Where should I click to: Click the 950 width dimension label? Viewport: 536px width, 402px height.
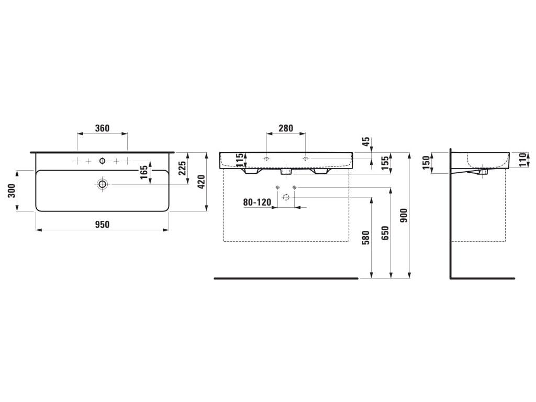click(102, 224)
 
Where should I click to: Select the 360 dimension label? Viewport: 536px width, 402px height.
click(102, 128)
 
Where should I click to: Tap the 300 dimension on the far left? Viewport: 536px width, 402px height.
click(12, 191)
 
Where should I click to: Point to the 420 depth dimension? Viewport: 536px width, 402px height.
click(201, 182)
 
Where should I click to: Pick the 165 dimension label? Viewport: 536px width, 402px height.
click(144, 172)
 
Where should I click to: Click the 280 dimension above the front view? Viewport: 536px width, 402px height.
click(286, 128)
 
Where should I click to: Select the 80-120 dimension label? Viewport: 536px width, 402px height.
click(257, 203)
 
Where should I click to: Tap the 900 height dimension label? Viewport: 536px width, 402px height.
click(404, 215)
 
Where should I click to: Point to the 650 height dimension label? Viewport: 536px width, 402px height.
click(385, 233)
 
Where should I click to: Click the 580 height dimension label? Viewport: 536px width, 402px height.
click(366, 238)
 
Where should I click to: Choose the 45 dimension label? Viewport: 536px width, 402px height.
click(366, 141)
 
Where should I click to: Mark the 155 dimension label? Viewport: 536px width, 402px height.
click(385, 163)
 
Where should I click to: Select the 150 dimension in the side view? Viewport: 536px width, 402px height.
click(426, 162)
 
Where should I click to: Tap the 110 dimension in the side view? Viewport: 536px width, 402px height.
click(522, 160)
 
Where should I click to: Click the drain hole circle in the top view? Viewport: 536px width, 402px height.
click(102, 184)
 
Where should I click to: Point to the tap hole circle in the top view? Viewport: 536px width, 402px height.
click(102, 161)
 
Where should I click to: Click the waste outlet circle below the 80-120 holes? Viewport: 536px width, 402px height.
click(286, 197)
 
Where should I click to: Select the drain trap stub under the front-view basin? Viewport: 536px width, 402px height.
click(286, 172)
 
